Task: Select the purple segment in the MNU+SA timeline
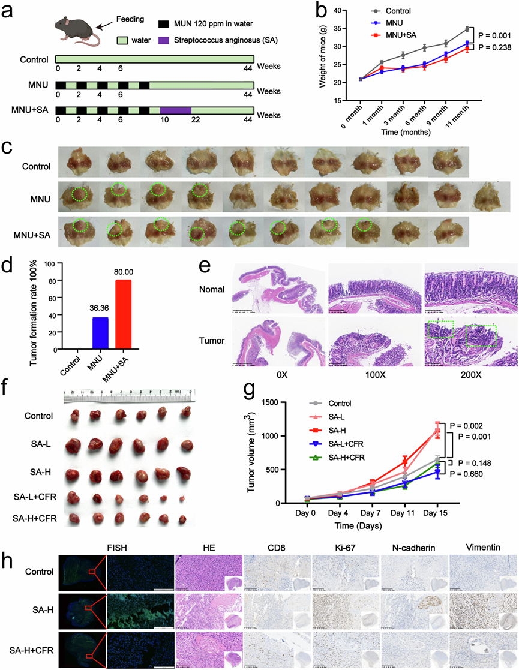click(x=175, y=110)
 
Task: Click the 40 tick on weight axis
click(x=340, y=11)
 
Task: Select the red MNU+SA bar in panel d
click(x=122, y=318)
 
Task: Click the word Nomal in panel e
click(x=212, y=289)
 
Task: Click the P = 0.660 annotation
click(x=487, y=474)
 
